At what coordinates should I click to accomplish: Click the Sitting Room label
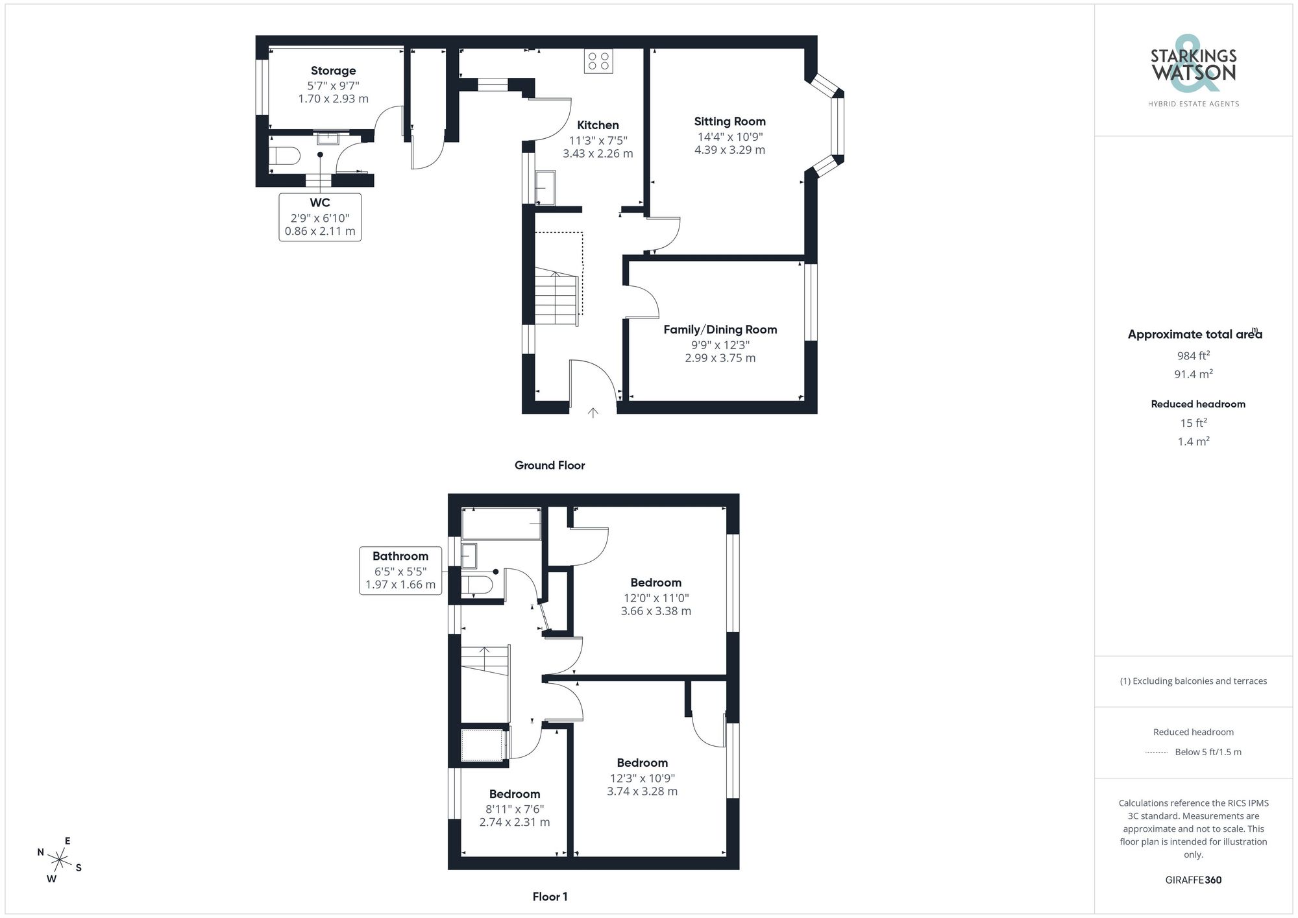(729, 121)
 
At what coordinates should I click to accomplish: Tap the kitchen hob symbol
(598, 61)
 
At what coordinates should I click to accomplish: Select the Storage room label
(333, 71)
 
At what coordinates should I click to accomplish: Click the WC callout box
(320, 217)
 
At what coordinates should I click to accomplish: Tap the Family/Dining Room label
(720, 330)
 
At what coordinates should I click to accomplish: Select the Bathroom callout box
(400, 570)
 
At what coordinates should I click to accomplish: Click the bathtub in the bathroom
(501, 524)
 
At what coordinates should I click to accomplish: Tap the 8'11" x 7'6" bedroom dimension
(515, 809)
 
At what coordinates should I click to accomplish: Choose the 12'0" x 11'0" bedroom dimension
(655, 598)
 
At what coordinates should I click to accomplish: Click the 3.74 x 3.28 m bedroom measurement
(642, 791)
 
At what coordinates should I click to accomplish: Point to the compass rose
(60, 861)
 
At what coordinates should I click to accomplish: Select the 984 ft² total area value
(1193, 356)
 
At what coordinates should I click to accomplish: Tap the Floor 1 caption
(550, 897)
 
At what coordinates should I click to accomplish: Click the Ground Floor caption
(550, 465)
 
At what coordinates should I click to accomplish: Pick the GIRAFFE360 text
(1193, 880)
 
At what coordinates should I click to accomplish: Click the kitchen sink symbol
(545, 187)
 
